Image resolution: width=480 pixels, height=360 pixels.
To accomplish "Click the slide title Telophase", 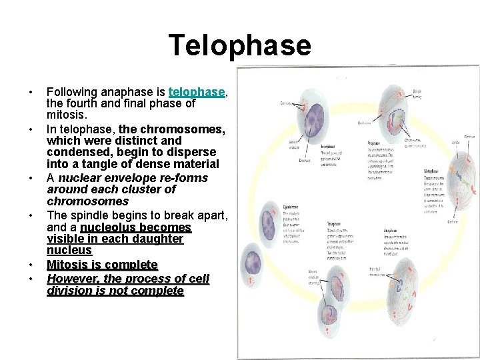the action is click(239, 45).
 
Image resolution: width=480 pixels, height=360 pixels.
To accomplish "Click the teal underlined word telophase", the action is click(198, 92).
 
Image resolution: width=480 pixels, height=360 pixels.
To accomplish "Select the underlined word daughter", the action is click(157, 239).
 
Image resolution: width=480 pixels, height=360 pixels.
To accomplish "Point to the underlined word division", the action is click(69, 291).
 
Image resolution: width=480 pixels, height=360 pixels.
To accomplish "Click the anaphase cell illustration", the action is click(407, 293).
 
